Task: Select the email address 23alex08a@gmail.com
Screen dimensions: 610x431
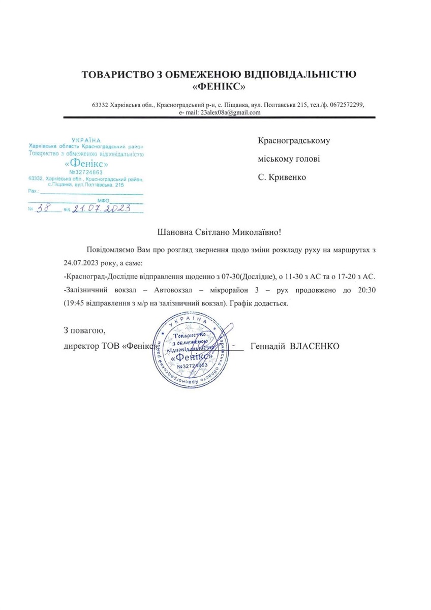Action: click(x=230, y=112)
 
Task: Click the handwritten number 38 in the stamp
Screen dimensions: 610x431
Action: click(x=45, y=208)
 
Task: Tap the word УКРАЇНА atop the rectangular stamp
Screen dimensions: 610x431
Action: click(x=86, y=139)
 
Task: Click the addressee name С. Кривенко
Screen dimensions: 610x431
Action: click(x=282, y=177)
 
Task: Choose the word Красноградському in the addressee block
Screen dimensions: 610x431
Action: click(x=294, y=140)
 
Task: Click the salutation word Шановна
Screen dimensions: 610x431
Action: click(x=176, y=232)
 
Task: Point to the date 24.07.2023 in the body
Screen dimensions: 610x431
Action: click(x=80, y=264)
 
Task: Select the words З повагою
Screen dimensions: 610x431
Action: click(x=84, y=331)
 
